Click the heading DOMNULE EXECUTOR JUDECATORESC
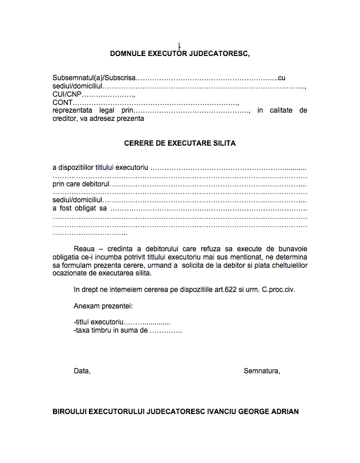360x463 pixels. click(180, 54)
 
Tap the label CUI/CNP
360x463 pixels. click(67, 94)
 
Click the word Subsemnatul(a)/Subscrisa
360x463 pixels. click(94, 78)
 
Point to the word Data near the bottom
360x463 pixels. click(82, 371)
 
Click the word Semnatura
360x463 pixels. click(261, 371)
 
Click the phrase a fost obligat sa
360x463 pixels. click(80, 208)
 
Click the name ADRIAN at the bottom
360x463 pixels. click(283, 411)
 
